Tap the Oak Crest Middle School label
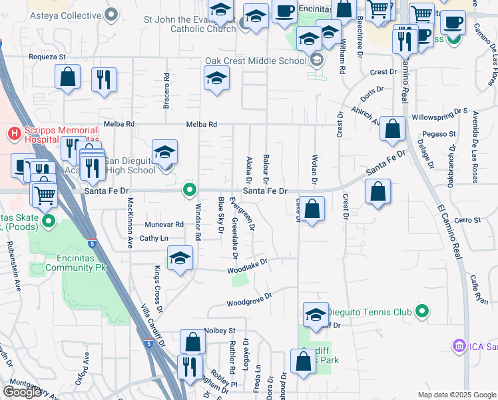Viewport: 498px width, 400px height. [255, 61]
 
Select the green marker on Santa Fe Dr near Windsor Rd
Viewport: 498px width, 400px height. [190, 191]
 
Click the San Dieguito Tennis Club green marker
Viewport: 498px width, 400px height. [421, 311]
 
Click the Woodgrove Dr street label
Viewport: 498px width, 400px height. [250, 299]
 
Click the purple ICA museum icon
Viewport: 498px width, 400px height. [458, 346]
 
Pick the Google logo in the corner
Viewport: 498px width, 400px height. [22, 392]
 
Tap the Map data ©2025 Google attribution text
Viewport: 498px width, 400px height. [456, 395]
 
